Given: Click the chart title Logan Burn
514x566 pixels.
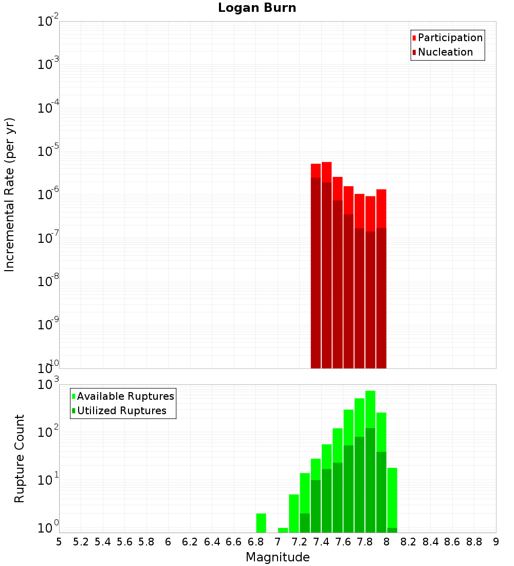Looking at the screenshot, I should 257,8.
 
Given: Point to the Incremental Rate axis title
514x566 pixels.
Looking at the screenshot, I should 10,195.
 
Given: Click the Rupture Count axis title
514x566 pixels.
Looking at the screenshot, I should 20,458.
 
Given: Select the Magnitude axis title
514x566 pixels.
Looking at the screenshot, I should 278,557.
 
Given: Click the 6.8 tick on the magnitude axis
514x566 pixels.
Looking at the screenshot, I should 255,542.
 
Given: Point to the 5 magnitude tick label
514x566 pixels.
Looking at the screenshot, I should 59,542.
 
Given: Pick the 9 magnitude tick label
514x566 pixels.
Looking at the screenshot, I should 495,542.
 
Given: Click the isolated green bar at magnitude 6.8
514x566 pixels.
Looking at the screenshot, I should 261,523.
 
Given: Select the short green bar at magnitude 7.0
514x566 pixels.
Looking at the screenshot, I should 283,530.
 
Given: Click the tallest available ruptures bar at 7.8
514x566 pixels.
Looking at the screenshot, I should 370,409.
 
